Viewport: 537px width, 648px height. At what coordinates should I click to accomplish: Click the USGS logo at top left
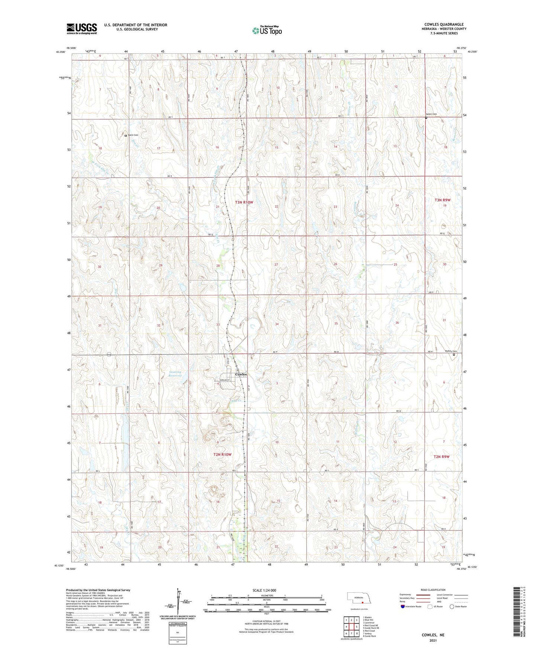point(82,29)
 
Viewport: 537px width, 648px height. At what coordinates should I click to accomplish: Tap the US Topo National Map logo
point(267,30)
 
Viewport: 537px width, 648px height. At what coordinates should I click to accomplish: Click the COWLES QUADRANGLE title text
point(444,24)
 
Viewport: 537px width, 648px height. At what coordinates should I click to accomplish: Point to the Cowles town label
point(241,374)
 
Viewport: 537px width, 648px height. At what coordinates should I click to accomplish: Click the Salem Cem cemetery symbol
point(426,118)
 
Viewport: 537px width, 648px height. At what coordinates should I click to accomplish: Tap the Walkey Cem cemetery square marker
point(454,354)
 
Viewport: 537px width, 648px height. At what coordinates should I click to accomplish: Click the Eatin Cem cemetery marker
point(126,135)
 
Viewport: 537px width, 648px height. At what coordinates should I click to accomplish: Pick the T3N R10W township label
point(244,202)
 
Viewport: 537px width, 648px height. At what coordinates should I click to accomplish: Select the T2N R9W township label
point(442,456)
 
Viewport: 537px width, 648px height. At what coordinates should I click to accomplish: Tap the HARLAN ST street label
point(224,380)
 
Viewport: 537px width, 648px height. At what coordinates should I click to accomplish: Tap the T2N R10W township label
point(222,454)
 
